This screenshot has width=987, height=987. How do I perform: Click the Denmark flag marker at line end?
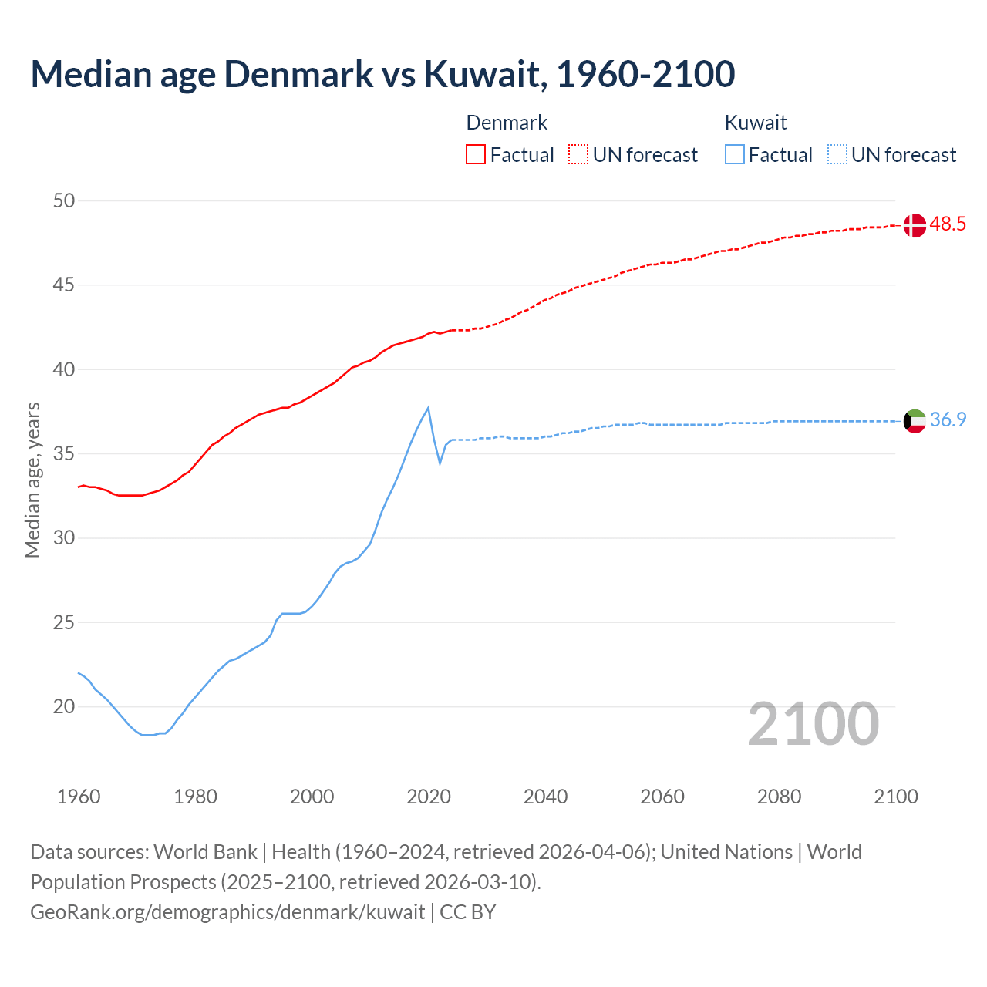click(914, 225)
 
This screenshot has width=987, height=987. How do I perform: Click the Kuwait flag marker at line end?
click(914, 421)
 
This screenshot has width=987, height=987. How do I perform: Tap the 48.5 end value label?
click(948, 224)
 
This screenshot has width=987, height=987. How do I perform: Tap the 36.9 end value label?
click(948, 420)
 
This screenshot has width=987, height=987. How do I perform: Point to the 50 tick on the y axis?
click(64, 201)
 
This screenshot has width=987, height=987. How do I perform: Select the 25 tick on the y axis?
click(64, 622)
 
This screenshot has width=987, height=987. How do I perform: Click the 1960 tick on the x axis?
click(79, 797)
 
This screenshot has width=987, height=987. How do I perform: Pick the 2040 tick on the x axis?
click(545, 797)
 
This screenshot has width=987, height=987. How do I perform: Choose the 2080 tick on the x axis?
click(779, 797)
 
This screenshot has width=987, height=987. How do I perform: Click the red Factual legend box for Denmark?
click(476, 155)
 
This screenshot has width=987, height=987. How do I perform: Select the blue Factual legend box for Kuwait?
click(735, 155)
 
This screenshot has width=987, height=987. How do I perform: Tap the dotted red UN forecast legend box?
click(578, 155)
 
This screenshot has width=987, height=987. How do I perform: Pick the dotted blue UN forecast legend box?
click(837, 155)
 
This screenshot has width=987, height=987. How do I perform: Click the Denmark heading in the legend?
click(507, 123)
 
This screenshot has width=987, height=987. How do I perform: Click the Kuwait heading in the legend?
click(756, 123)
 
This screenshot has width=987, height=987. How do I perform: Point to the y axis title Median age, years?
click(32, 480)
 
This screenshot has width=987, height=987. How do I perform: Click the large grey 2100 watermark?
click(813, 723)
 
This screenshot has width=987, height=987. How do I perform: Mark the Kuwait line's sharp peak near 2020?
click(428, 408)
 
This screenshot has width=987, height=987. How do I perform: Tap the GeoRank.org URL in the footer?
click(227, 912)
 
